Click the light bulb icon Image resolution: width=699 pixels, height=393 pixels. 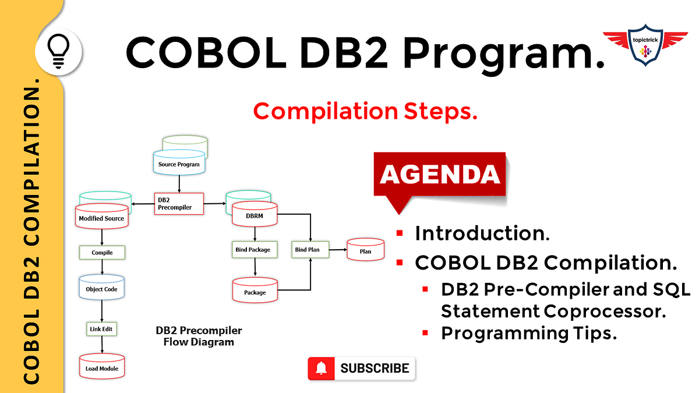point(58,51)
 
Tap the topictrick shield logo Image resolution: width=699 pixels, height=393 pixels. point(645,45)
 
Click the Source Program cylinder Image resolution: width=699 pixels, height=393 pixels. point(179,162)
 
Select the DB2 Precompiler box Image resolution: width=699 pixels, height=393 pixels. point(179,204)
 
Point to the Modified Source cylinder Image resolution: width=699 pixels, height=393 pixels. point(102,217)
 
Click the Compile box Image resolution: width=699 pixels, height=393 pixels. point(102,252)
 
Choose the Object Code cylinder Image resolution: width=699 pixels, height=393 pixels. point(102,288)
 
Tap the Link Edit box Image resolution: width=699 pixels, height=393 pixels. point(101,329)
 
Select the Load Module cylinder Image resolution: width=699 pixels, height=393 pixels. point(102,366)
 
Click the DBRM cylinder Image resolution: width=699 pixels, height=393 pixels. point(255,214)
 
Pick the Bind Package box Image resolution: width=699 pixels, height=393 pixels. point(255,250)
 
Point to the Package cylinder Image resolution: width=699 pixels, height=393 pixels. point(255,291)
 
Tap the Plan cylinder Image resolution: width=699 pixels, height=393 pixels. point(365,250)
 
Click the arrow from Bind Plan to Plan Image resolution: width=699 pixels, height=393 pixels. point(338,250)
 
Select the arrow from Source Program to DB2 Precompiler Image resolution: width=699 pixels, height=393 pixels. point(179,184)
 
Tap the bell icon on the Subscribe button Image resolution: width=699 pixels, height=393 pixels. point(321,369)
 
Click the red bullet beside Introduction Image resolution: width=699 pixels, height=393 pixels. point(400,233)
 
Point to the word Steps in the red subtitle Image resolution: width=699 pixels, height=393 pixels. point(440,111)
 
